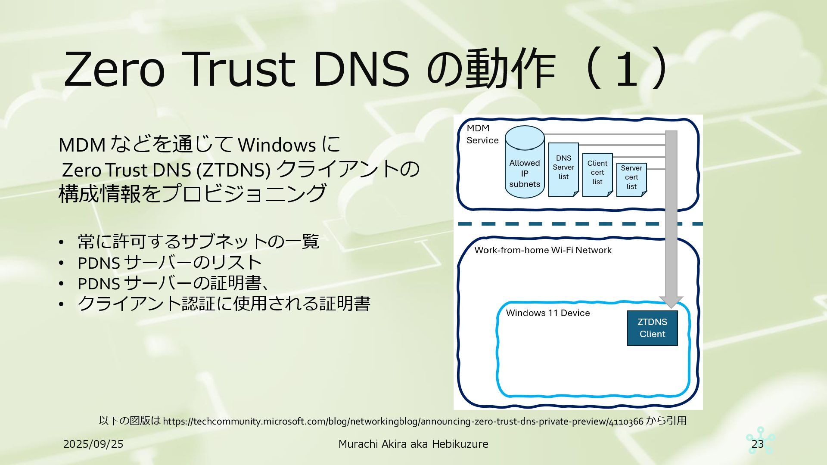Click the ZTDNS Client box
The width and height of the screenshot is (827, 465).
pyautogui.click(x=652, y=328)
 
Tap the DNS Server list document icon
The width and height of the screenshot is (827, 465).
pyautogui.click(x=563, y=169)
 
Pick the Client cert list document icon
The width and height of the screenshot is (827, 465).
pyautogui.click(x=597, y=174)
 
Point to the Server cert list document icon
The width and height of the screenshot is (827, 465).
pyautogui.click(x=631, y=179)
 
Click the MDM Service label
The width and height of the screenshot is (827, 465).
pyautogui.click(x=482, y=134)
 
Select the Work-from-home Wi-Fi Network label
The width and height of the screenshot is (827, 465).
pyautogui.click(x=543, y=250)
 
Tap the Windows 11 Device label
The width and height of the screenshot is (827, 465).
pyautogui.click(x=547, y=313)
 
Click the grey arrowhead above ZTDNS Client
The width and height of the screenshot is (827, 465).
pyautogui.click(x=671, y=302)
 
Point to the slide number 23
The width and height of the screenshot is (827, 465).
pyautogui.click(x=757, y=444)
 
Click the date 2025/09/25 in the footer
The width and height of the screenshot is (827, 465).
pyautogui.click(x=93, y=444)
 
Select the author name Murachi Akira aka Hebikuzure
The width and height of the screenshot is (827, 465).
pyautogui.click(x=413, y=444)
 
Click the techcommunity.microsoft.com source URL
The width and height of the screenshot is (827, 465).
pyautogui.click(x=403, y=421)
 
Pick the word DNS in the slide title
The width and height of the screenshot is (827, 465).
pyautogui.click(x=361, y=69)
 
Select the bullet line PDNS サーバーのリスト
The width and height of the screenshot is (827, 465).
pyautogui.click(x=170, y=263)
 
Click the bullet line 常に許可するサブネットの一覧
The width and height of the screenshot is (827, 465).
pyautogui.click(x=198, y=242)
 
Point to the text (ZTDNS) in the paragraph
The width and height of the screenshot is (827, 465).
pyautogui.click(x=233, y=170)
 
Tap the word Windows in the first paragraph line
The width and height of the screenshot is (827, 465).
pyautogui.click(x=277, y=146)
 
